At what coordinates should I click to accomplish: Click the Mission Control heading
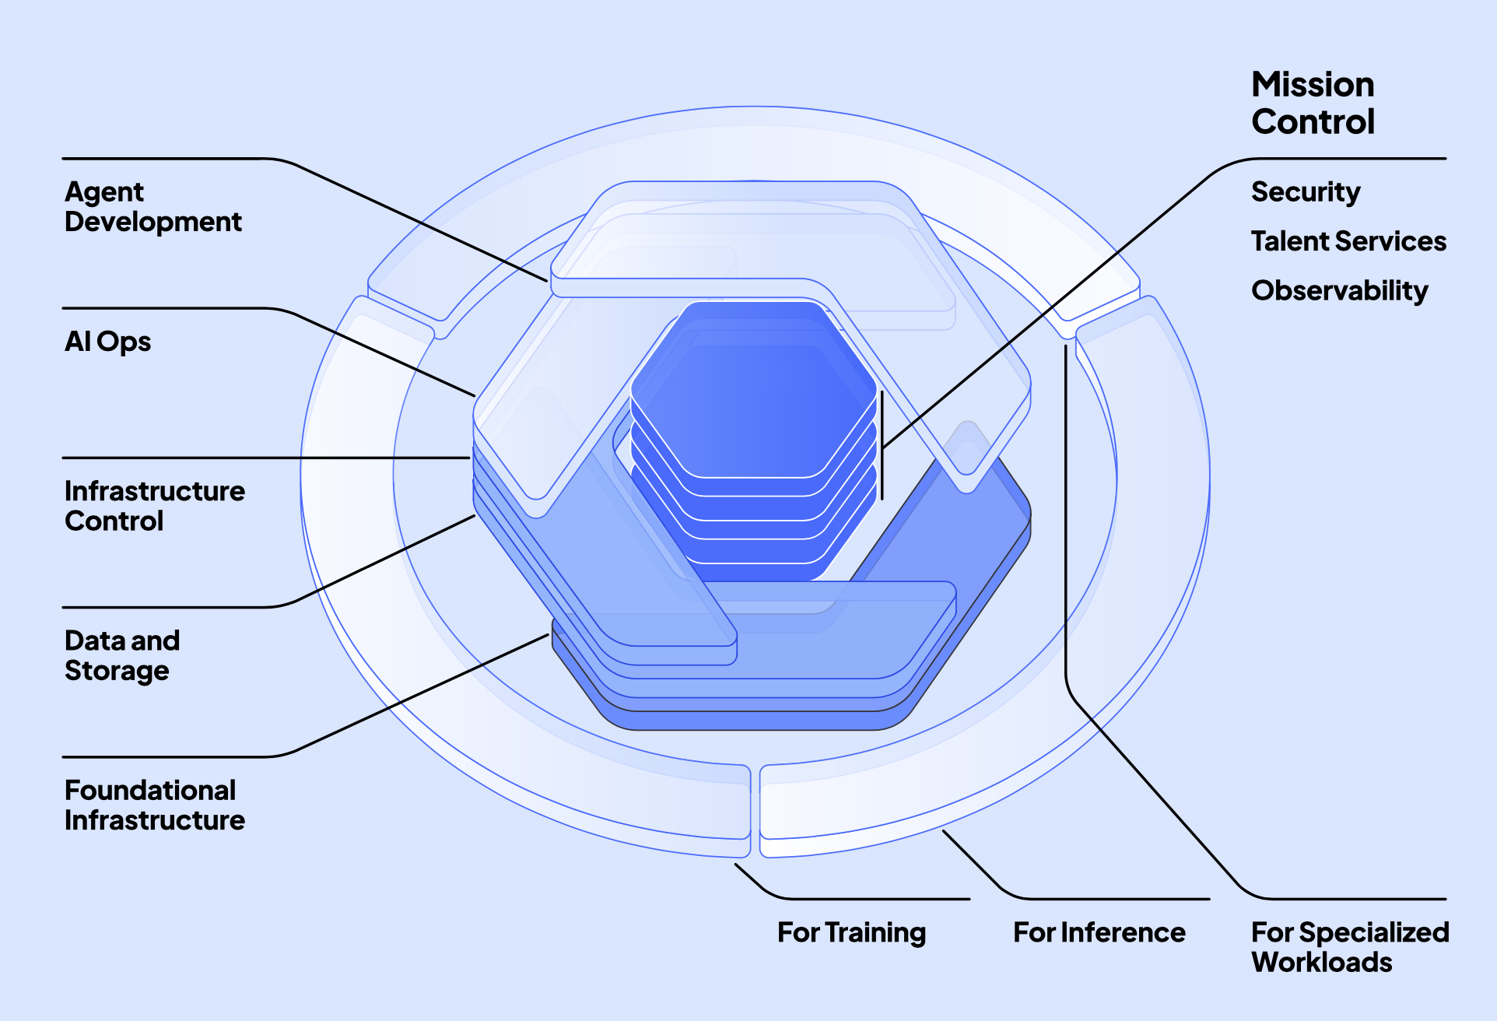(1313, 103)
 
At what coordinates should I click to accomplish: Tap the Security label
(1306, 192)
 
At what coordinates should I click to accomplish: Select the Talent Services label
(1348, 241)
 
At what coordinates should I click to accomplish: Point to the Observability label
(1339, 291)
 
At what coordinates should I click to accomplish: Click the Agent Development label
(153, 207)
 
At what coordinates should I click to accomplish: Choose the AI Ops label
(107, 342)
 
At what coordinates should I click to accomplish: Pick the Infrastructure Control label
(154, 506)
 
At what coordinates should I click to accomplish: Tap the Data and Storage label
(122, 655)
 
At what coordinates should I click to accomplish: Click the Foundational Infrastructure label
(154, 805)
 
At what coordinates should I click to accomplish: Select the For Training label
(851, 932)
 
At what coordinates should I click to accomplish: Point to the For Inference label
(1099, 932)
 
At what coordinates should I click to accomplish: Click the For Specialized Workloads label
(1349, 947)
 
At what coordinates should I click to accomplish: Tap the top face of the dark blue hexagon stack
(753, 389)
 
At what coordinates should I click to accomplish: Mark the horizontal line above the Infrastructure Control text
(265, 458)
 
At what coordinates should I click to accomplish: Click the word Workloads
(1321, 963)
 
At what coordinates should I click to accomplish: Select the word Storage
(117, 671)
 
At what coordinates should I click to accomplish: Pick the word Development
(153, 223)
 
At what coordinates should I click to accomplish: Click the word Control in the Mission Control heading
(1313, 122)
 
